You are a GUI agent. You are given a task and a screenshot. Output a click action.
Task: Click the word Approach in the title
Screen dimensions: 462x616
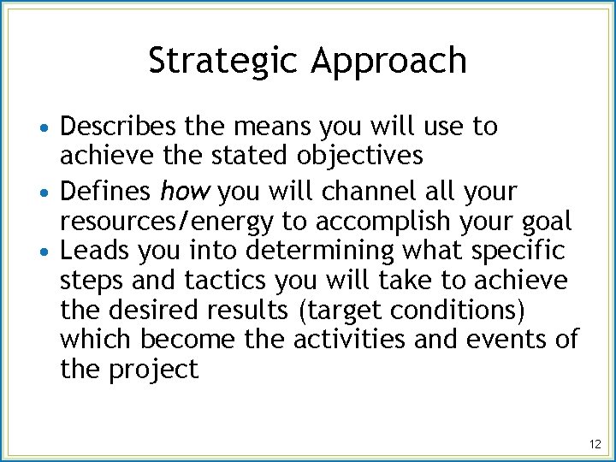coord(389,62)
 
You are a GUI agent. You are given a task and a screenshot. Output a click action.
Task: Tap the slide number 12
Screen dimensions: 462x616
coord(595,444)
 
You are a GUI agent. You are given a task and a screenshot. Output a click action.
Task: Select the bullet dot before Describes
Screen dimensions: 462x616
coord(50,128)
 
